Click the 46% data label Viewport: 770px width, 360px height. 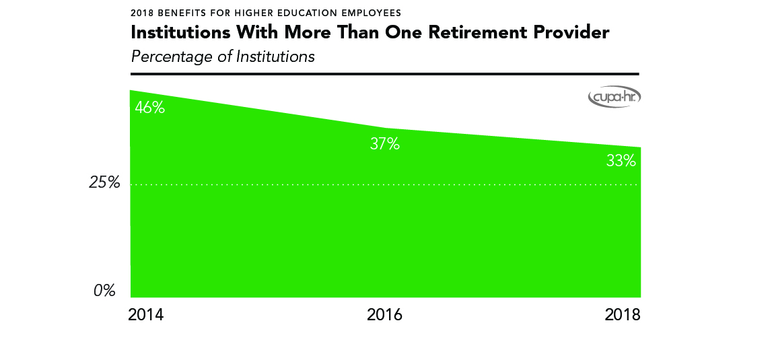pyautogui.click(x=149, y=107)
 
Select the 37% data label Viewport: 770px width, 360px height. pyautogui.click(x=385, y=143)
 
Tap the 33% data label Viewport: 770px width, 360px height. pyautogui.click(x=621, y=161)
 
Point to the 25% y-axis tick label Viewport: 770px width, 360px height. pyautogui.click(x=104, y=183)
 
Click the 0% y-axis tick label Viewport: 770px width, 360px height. pyautogui.click(x=104, y=291)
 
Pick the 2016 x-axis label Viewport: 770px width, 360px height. pyautogui.click(x=384, y=315)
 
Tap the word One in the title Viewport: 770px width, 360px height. pyautogui.click(x=405, y=32)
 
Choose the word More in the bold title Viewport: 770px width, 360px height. pyautogui.click(x=300, y=32)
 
